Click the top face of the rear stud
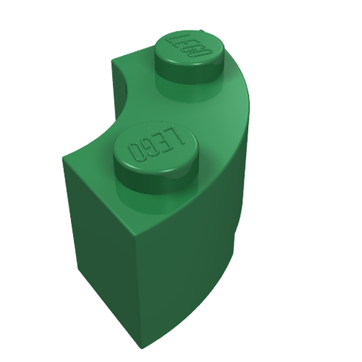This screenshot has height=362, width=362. coord(189,47)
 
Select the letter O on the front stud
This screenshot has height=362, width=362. coord(136,152)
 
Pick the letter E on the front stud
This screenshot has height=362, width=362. coord(164,140)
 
